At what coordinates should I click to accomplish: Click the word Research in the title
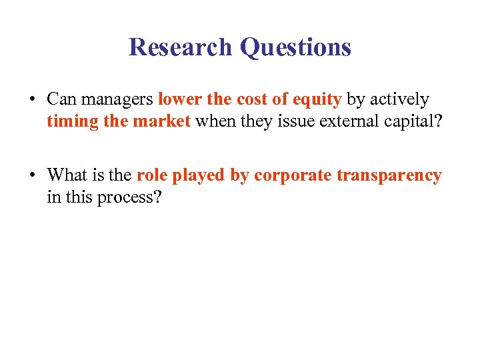point(180,47)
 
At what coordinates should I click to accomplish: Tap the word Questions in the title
point(295,47)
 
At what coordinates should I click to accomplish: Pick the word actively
point(399,100)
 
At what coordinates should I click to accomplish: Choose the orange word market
point(162,123)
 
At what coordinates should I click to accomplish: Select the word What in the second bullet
point(66,175)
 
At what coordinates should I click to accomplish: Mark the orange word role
point(152,175)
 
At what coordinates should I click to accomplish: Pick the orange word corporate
point(293,176)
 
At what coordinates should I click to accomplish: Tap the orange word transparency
point(389,176)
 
